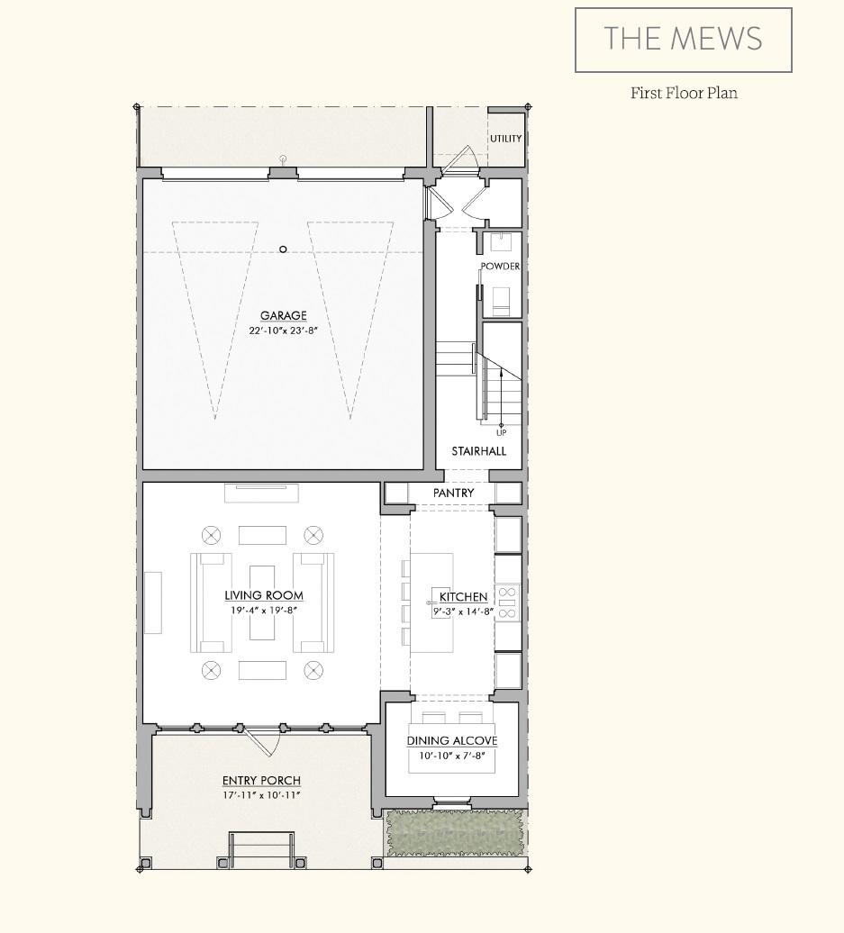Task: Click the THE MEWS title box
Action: [x=683, y=40]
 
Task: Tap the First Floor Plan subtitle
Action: [x=684, y=93]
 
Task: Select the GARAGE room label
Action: [x=284, y=315]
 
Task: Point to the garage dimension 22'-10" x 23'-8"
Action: [x=284, y=331]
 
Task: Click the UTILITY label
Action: [x=505, y=139]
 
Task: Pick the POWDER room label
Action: [x=500, y=267]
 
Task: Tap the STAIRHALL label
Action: [x=478, y=451]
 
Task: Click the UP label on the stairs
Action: [x=502, y=433]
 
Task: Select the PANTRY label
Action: [x=453, y=494]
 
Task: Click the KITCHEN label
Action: [x=464, y=596]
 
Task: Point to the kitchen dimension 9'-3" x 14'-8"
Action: [x=464, y=611]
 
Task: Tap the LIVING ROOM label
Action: [x=264, y=595]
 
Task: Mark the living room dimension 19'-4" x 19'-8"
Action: [x=264, y=610]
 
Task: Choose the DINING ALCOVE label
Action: [x=452, y=741]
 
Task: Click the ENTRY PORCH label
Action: [x=261, y=781]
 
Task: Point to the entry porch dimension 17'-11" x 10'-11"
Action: [x=261, y=795]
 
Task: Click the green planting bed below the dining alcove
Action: [x=454, y=832]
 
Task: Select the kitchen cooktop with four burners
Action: [x=507, y=602]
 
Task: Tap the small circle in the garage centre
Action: [x=283, y=249]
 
